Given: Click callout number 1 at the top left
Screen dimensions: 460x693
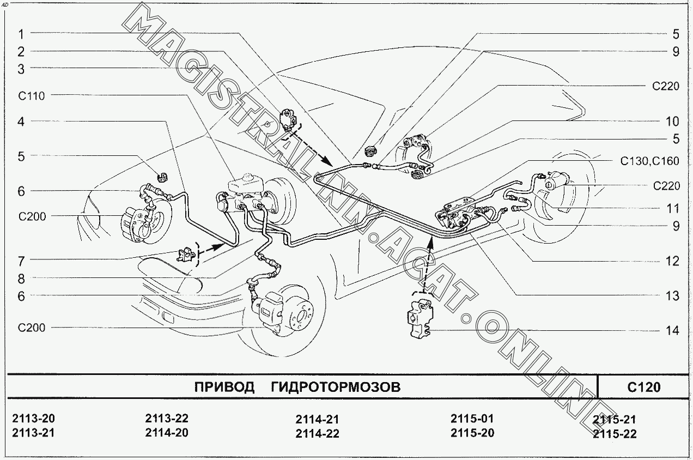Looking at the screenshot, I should click(x=21, y=34).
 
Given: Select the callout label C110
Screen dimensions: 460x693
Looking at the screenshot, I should click(x=32, y=96).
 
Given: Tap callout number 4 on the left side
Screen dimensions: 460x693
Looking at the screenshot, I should click(x=21, y=122).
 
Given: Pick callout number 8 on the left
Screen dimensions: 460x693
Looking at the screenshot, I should click(x=21, y=279).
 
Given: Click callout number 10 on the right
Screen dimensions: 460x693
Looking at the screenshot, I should click(x=672, y=121).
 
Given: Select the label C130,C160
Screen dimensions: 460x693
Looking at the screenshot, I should click(x=649, y=161).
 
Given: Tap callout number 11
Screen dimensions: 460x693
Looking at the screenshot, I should click(x=673, y=208).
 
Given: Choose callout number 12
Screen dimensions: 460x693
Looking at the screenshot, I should click(x=672, y=261).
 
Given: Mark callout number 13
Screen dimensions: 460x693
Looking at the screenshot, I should click(x=672, y=296).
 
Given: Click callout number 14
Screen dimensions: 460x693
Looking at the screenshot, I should click(x=672, y=330).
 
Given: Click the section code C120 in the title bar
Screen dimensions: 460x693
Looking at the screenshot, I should click(x=644, y=387).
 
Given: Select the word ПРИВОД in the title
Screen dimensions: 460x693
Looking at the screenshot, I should click(x=224, y=387).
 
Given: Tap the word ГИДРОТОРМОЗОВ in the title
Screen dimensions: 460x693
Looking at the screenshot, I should click(x=335, y=387).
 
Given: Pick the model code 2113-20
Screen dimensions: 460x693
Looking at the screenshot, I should click(x=34, y=419).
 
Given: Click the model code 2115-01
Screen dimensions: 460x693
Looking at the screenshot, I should click(x=472, y=419).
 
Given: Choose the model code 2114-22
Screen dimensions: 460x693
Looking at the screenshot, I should click(x=318, y=434).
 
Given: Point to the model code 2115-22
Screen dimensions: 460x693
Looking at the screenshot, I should click(x=615, y=434).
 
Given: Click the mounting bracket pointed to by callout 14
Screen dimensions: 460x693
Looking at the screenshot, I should click(x=419, y=318).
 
